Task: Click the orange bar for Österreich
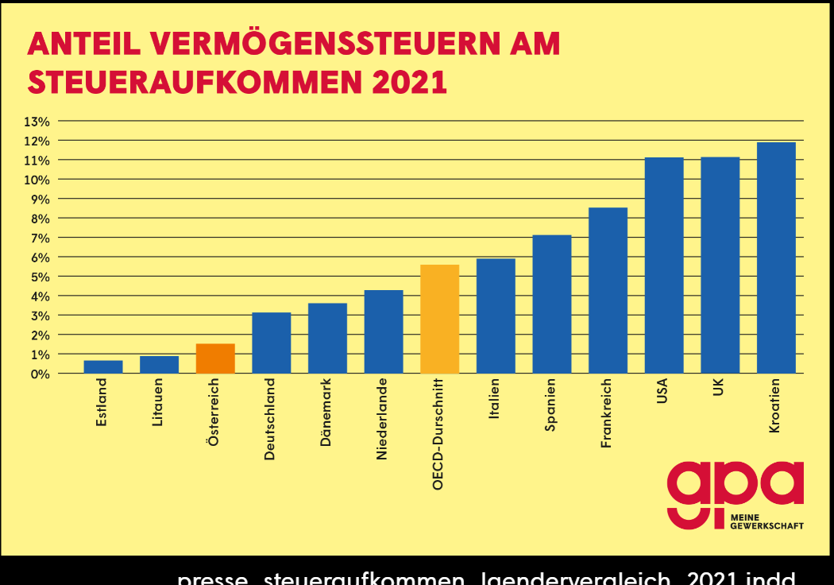pyautogui.click(x=215, y=358)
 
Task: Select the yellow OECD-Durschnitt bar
pyautogui.click(x=440, y=319)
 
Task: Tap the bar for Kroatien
pyautogui.click(x=776, y=258)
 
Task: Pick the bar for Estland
pyautogui.click(x=103, y=366)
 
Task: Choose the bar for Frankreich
pyautogui.click(x=608, y=290)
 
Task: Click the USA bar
pyautogui.click(x=664, y=265)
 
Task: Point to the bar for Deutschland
pyautogui.click(x=272, y=343)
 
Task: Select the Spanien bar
pyautogui.click(x=552, y=304)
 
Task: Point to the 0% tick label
pyautogui.click(x=40, y=374)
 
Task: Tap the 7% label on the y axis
pyautogui.click(x=40, y=238)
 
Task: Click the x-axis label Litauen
pyautogui.click(x=158, y=403)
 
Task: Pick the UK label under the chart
pyautogui.click(x=720, y=391)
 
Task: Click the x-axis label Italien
pyautogui.click(x=495, y=401)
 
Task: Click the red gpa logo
pyautogui.click(x=734, y=490)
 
